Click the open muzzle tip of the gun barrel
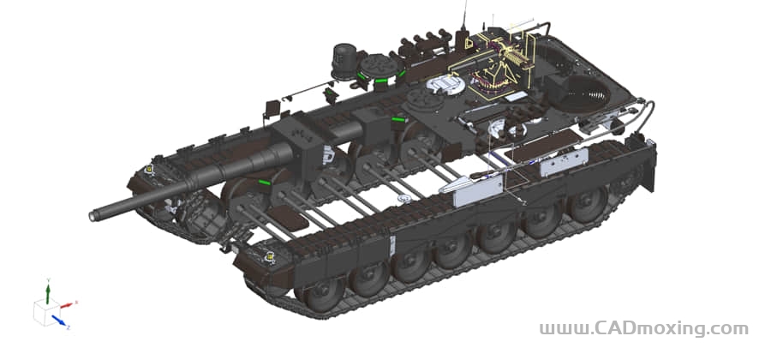point(92,215)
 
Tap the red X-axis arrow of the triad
point(68,305)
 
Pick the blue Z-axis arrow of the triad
point(59,321)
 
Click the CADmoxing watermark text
point(643,328)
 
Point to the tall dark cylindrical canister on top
point(344,59)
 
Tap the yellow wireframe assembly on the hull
point(497,64)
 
